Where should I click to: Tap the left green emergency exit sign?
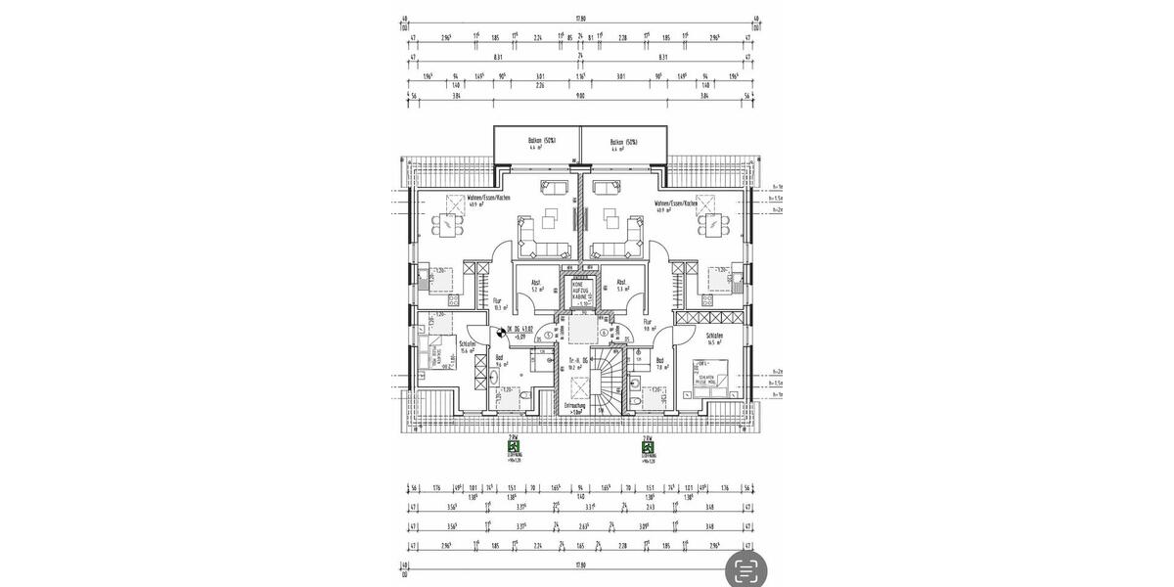tap(513, 445)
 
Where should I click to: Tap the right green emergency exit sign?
tap(647, 445)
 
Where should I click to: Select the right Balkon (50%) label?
tap(623, 142)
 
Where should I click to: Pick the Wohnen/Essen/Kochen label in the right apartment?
tap(676, 203)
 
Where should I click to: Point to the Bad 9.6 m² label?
tap(500, 360)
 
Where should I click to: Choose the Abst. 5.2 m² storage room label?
tap(536, 286)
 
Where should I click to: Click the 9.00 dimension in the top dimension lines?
tap(579, 97)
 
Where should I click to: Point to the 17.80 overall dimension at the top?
tap(579, 18)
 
